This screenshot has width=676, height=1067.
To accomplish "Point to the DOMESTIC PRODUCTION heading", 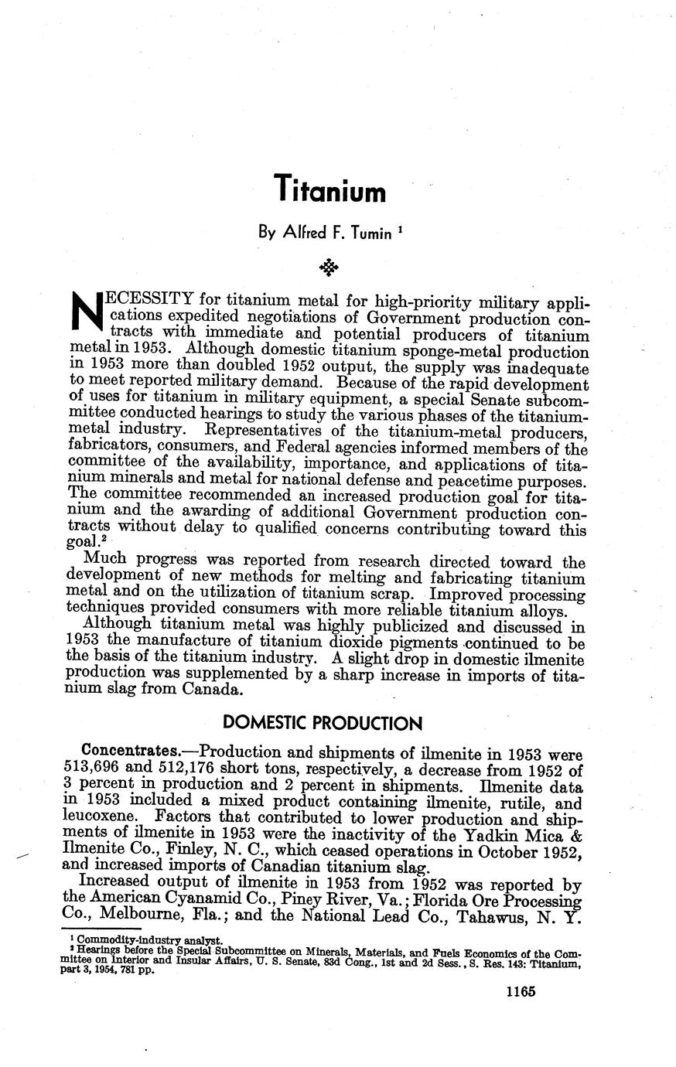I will tap(323, 724).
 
